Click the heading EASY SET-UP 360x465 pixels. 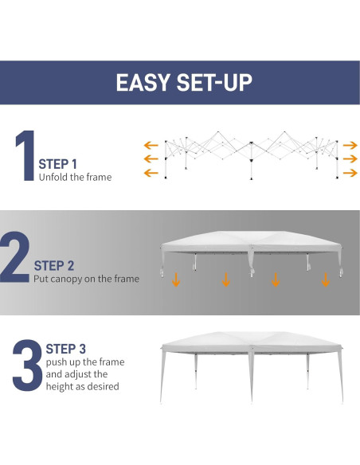click(x=180, y=83)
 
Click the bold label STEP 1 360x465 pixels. click(x=58, y=164)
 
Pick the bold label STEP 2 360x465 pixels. click(x=54, y=266)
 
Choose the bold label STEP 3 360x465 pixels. click(x=66, y=349)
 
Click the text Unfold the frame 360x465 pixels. click(x=76, y=177)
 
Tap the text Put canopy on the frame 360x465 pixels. click(x=86, y=279)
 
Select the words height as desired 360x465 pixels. click(x=82, y=386)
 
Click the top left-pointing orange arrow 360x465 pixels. click(x=150, y=145)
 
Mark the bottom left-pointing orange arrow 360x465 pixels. click(x=150, y=173)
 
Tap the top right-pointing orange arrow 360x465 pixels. click(x=350, y=145)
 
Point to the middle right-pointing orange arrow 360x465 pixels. click(x=350, y=159)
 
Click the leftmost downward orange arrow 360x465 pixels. click(x=176, y=279)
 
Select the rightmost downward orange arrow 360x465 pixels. click(x=325, y=279)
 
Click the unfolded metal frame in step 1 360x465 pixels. click(x=250, y=155)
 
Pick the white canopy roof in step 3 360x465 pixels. click(x=250, y=344)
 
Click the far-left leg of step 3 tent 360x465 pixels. click(x=164, y=378)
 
